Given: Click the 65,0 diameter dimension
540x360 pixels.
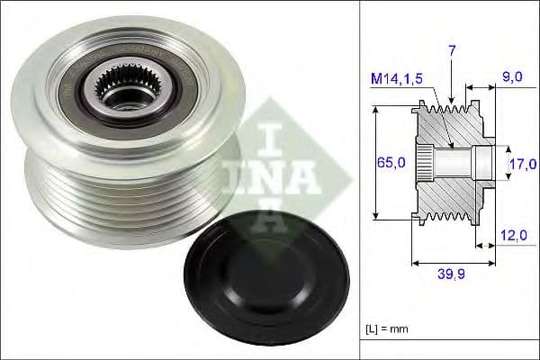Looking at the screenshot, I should point(389,163).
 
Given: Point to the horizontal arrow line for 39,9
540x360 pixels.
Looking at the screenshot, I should point(452,264).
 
